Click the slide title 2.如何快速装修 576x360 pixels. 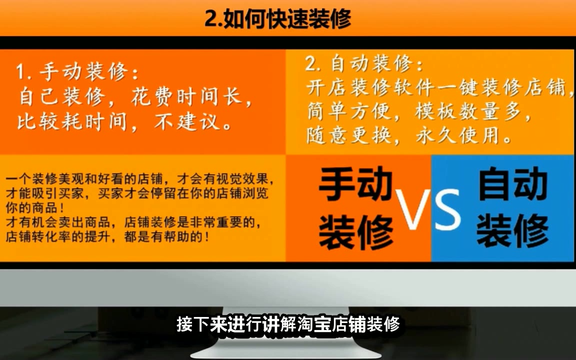[x=277, y=18]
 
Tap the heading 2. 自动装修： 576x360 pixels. [x=364, y=63]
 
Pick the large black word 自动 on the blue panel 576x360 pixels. [x=513, y=183]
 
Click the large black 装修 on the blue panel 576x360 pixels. [x=513, y=230]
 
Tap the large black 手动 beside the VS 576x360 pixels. [x=355, y=183]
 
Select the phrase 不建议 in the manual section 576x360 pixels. [x=187, y=121]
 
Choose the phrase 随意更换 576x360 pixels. [x=348, y=135]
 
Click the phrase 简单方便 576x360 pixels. [x=348, y=111]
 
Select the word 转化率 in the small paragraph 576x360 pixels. [x=51, y=237]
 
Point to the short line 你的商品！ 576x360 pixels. [x=35, y=208]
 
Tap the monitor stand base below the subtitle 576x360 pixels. [x=286, y=352]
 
